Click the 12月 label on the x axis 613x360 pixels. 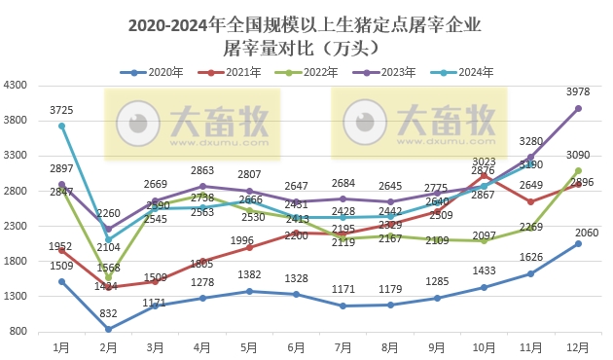[579, 345]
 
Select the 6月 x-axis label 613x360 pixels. [297, 345]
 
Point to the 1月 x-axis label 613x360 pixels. [61, 345]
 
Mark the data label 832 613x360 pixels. [108, 313]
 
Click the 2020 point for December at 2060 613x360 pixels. [578, 243]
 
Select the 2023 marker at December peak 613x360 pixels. [578, 109]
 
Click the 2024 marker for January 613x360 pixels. [61, 126]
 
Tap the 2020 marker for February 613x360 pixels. [108, 329]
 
